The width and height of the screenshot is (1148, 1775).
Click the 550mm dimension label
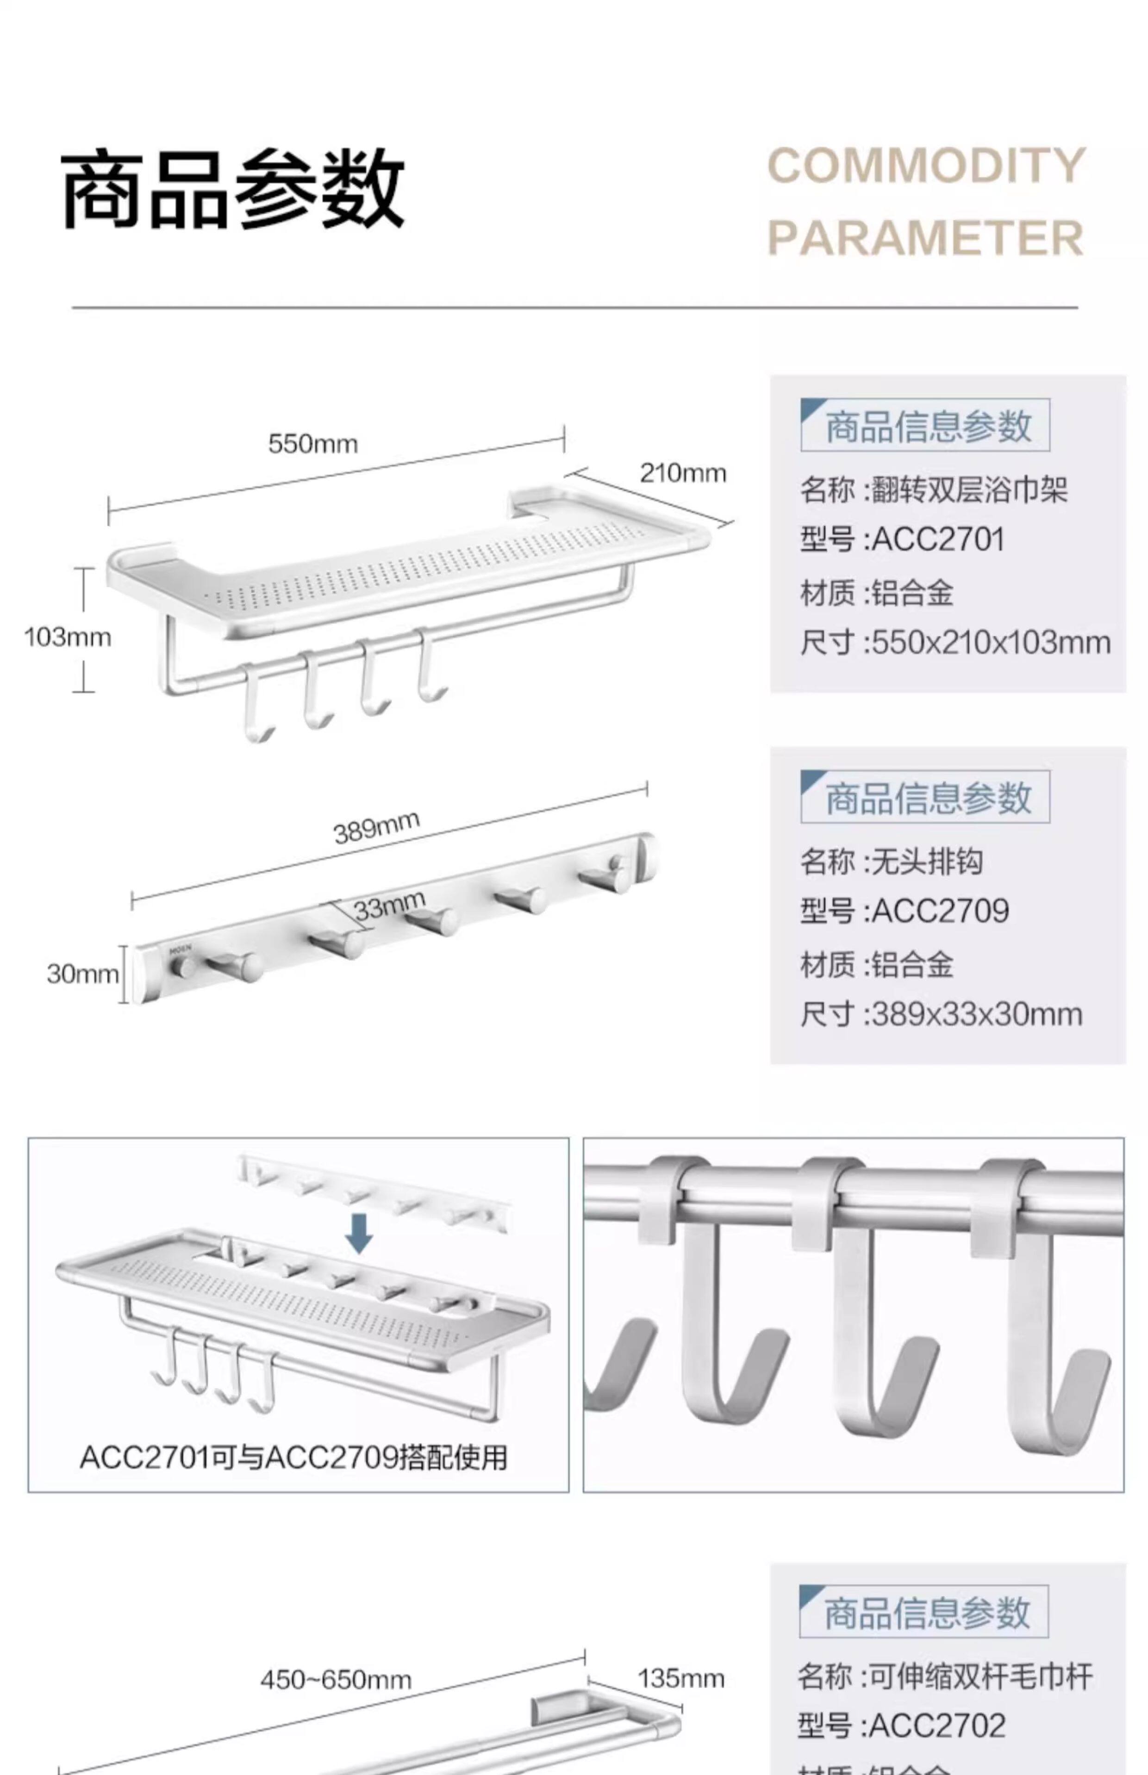coord(313,444)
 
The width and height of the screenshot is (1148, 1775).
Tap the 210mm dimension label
coord(683,473)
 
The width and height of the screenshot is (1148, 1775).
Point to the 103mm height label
coord(67,637)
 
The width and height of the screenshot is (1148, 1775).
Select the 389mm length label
coord(376,827)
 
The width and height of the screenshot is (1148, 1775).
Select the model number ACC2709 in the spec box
coord(940,911)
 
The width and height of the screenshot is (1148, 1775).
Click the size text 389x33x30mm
coord(977,1014)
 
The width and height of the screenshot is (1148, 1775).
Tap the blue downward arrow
coord(359,1233)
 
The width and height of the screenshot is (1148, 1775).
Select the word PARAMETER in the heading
coord(925,238)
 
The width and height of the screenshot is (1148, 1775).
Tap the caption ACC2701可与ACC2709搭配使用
coord(293,1458)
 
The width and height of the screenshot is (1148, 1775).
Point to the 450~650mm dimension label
coord(336,1680)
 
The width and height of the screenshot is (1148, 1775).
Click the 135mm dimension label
coord(680,1678)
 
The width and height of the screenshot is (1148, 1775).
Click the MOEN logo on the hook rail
coord(181,950)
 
